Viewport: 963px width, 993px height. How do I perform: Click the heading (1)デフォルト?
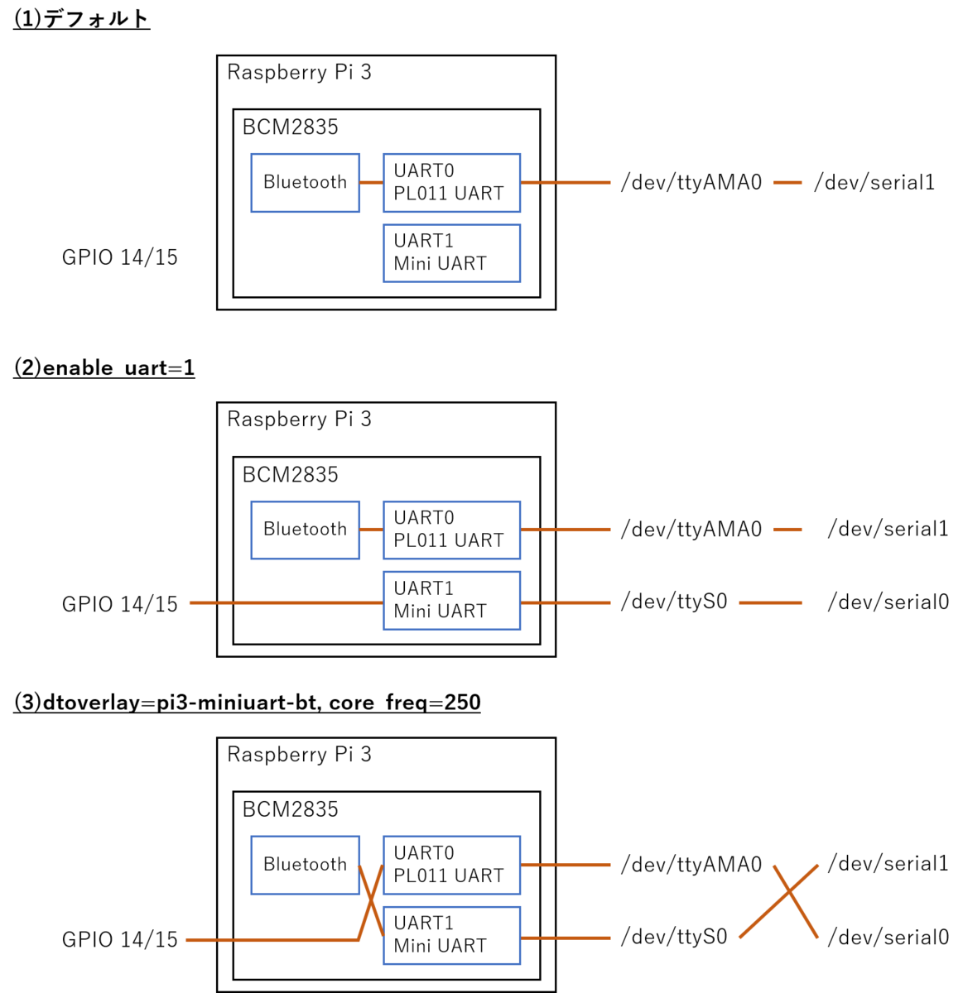tap(82, 19)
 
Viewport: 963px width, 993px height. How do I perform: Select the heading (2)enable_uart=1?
tap(104, 367)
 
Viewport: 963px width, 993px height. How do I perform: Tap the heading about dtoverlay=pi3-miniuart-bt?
tap(247, 703)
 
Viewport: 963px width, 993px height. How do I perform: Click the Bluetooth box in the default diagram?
tap(305, 183)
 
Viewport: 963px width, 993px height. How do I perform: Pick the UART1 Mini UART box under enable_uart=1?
tap(452, 601)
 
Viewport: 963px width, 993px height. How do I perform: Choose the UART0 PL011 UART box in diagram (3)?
tap(452, 865)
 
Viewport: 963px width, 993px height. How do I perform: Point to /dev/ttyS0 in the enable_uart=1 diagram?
tap(674, 602)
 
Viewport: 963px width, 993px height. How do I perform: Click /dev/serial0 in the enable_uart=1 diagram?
tap(888, 602)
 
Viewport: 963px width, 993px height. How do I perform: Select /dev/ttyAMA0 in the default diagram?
tap(691, 182)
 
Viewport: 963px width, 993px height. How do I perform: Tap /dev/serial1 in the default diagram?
tap(874, 182)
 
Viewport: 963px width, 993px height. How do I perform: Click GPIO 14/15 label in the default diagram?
tap(119, 257)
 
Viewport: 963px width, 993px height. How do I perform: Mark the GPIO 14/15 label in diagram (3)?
tap(119, 939)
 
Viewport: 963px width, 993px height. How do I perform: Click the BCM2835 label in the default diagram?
tap(290, 127)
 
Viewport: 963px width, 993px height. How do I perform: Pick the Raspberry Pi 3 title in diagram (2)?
tap(299, 419)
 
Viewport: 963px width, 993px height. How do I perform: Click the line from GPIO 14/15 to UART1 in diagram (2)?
tap(286, 602)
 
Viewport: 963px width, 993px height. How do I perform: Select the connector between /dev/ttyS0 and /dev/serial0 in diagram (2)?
tap(771, 602)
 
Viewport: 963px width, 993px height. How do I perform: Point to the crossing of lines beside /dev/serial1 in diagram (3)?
tap(789, 891)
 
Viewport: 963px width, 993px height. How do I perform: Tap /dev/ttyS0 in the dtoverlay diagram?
tap(674, 937)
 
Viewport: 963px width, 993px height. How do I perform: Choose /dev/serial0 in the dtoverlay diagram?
tap(888, 938)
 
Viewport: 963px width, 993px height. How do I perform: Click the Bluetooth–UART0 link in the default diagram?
tap(371, 182)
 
